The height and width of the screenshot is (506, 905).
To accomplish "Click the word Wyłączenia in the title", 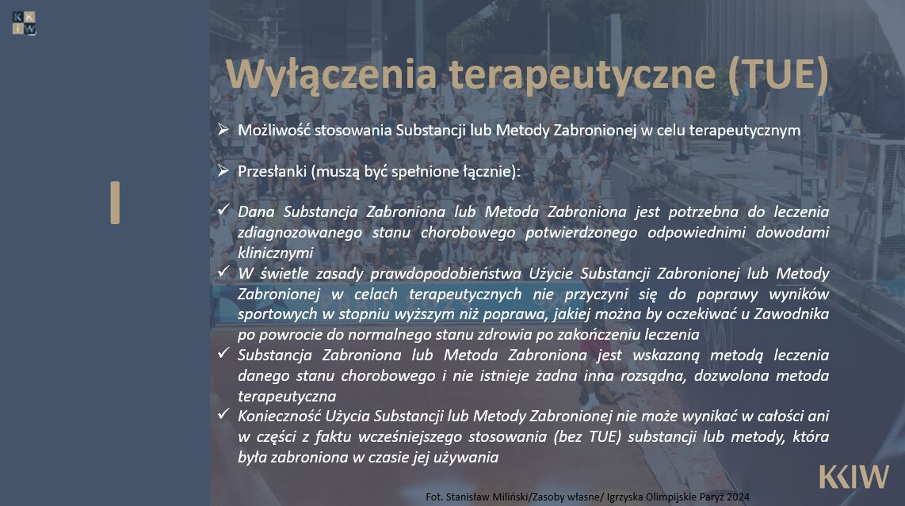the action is coord(330,75).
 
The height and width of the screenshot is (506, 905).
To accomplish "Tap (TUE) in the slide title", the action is coord(778,74).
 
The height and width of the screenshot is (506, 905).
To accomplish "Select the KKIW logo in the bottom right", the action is coord(853,477).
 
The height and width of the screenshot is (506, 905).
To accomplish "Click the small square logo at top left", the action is coord(25,23).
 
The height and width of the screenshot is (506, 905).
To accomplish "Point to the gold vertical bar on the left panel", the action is coord(116,203).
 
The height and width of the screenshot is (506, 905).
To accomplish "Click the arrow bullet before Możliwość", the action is coord(223,130).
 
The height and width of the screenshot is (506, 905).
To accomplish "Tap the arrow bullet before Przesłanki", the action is coord(223,171).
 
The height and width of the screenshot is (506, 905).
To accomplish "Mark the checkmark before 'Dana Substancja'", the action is coord(223,209).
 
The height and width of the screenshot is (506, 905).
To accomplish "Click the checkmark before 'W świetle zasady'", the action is coord(223,271).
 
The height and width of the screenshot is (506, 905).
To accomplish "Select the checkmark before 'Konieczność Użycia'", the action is coord(223,413).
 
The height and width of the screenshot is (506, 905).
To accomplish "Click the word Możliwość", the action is coord(274,131).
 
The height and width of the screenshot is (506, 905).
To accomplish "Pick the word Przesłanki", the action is coord(272,171).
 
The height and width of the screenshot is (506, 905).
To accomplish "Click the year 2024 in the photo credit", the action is coord(739,496).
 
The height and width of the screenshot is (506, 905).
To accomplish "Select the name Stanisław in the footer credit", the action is coord(468,496).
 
